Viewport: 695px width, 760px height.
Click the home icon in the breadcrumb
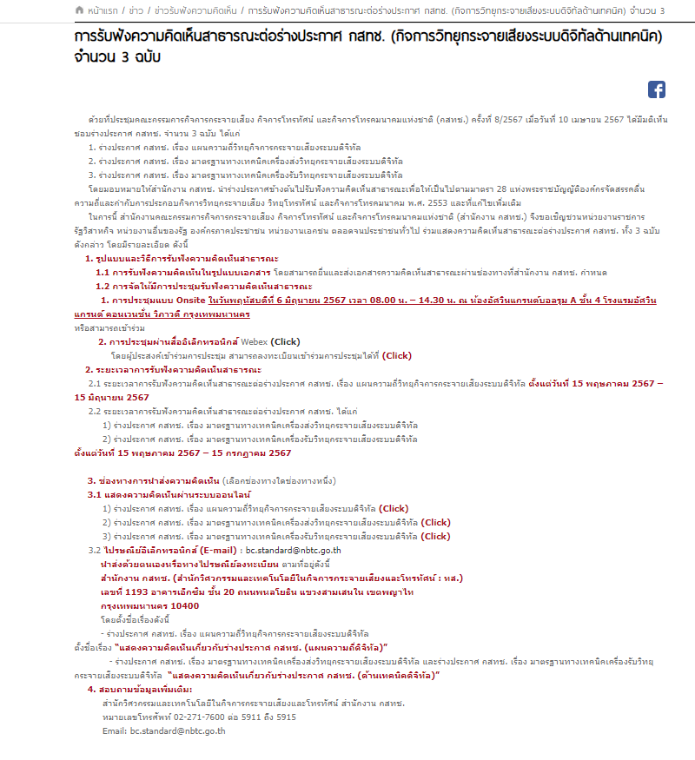[x=80, y=10]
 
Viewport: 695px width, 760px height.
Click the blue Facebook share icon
[x=657, y=89]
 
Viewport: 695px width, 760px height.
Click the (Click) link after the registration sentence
[x=397, y=355]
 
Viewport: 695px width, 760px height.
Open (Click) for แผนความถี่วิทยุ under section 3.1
[x=394, y=508]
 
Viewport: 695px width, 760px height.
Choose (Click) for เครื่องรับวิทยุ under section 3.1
[x=436, y=536]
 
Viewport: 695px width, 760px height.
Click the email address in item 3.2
[x=294, y=550]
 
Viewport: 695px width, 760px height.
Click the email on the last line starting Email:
[x=178, y=730]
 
